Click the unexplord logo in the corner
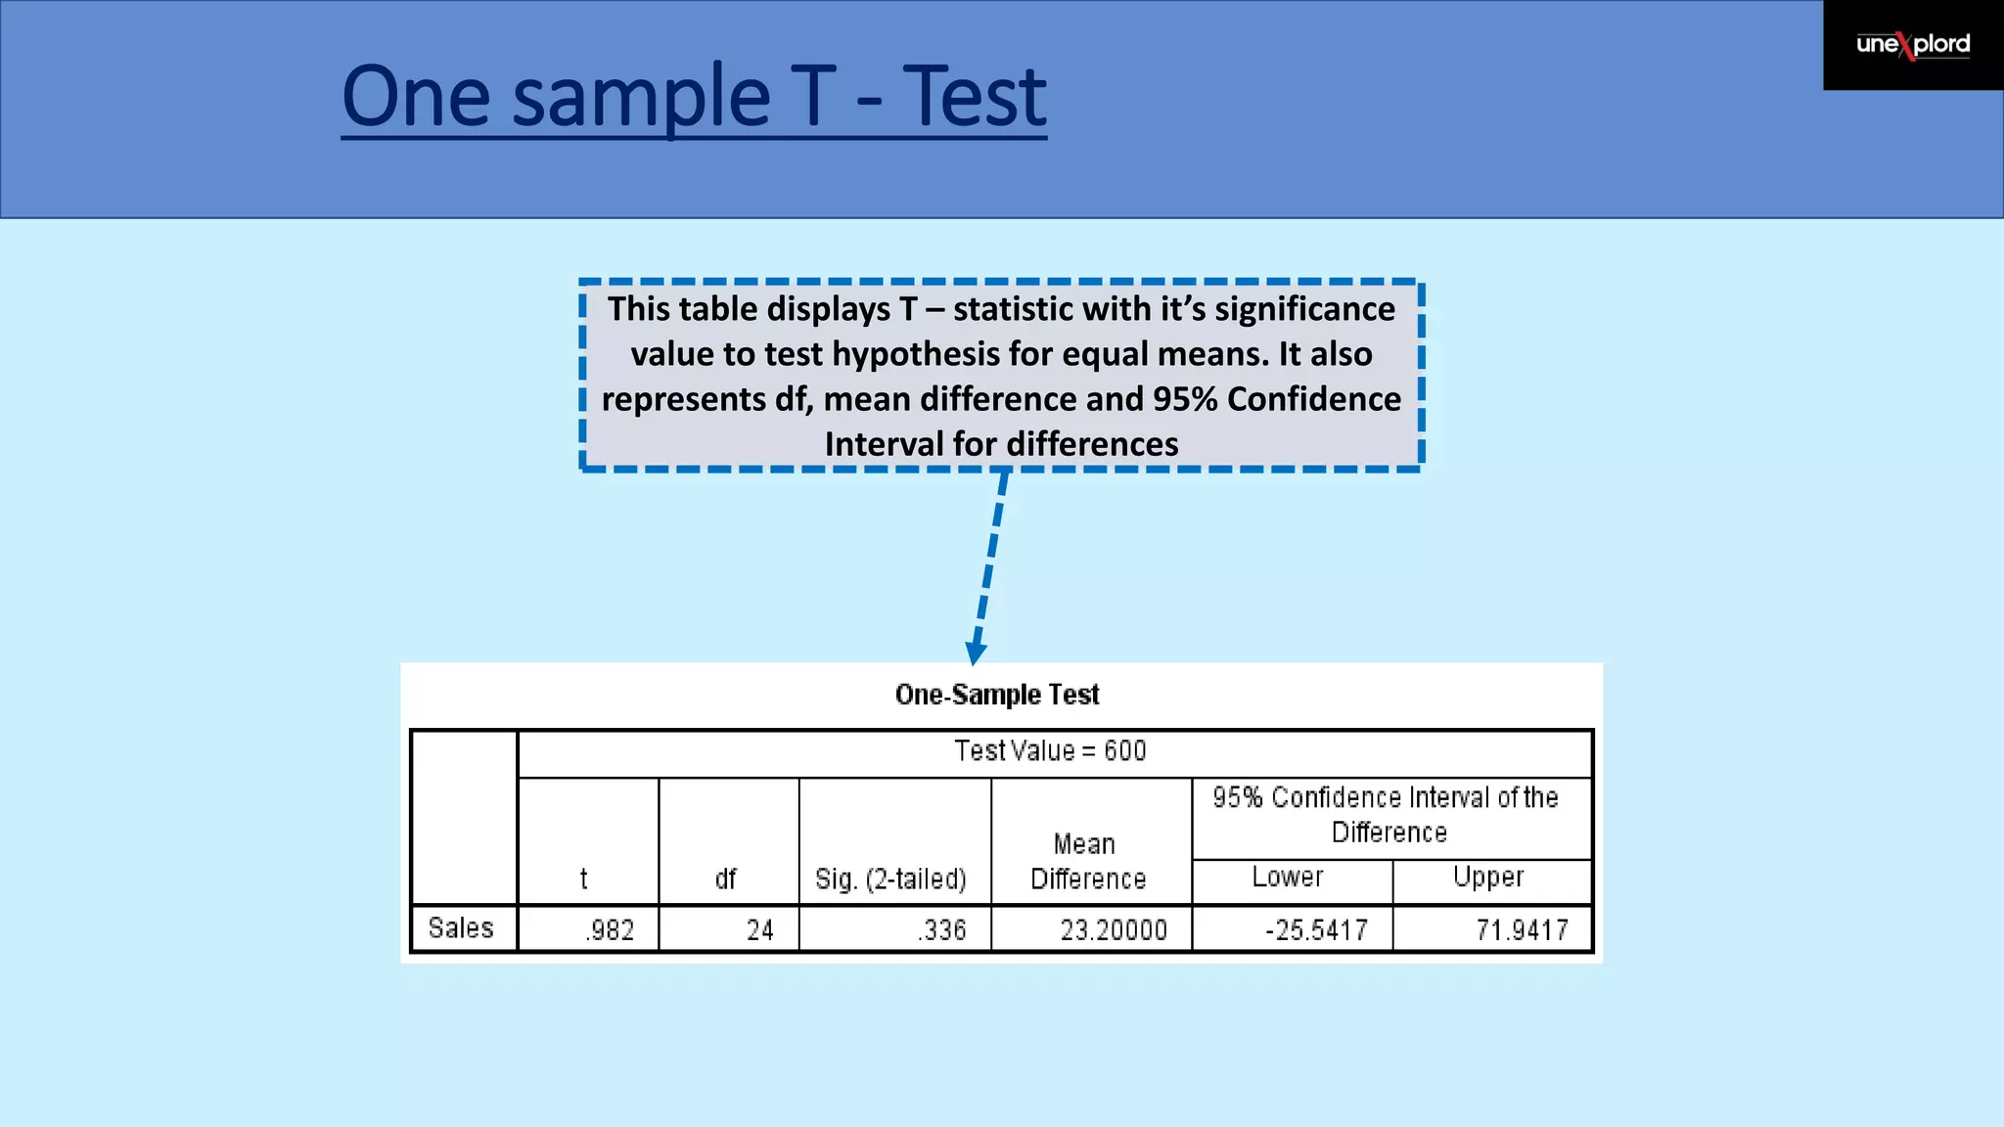pyautogui.click(x=1912, y=45)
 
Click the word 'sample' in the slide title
pyautogui.click(x=641, y=98)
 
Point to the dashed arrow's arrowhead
pyautogui.click(x=976, y=653)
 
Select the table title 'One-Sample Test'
pyautogui.click(x=996, y=695)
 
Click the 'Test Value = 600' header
pyautogui.click(x=1050, y=751)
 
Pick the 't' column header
pyautogui.click(x=584, y=879)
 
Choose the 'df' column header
pyautogui.click(x=725, y=879)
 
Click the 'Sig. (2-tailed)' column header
pyautogui.click(x=890, y=879)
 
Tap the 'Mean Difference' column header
pyautogui.click(x=1087, y=861)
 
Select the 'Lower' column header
pyautogui.click(x=1288, y=877)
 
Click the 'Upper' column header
pyautogui.click(x=1488, y=877)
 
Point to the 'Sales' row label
pyautogui.click(x=461, y=927)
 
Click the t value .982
pyautogui.click(x=611, y=929)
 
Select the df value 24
pyautogui.click(x=760, y=929)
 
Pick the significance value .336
pyautogui.click(x=942, y=929)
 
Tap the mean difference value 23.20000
pyautogui.click(x=1114, y=929)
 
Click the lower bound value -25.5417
pyautogui.click(x=1316, y=929)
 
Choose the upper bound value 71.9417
pyautogui.click(x=1522, y=929)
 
